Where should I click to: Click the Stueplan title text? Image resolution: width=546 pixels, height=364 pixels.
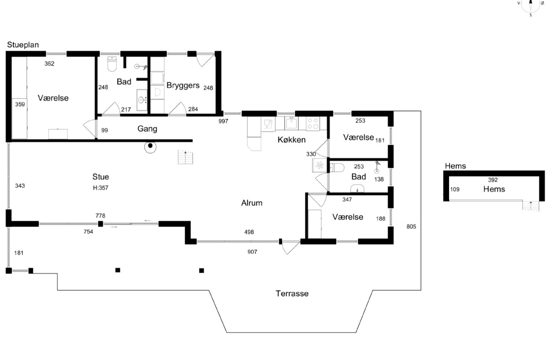23,45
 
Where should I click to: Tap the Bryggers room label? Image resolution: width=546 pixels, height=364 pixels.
183,86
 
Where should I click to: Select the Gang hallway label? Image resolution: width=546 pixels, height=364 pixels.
147,129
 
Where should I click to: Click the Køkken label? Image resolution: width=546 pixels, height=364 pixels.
292,140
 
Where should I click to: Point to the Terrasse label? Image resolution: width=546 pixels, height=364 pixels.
292,293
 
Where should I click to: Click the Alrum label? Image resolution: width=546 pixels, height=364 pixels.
252,203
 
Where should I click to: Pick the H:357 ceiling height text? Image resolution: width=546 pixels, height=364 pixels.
101,188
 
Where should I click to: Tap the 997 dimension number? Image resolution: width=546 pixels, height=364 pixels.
223,121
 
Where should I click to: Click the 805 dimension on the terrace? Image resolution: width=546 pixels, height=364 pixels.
411,227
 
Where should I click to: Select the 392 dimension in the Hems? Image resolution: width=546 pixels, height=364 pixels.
493,180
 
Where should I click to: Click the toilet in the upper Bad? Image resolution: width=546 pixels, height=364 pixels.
112,64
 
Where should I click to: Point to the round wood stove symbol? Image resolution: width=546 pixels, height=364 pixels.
150,147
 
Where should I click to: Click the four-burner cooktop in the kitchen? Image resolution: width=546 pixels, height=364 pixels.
313,124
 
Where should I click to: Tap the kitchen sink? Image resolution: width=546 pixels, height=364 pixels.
291,123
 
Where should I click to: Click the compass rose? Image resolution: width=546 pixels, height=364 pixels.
531,5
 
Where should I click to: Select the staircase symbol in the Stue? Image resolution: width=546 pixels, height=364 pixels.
186,157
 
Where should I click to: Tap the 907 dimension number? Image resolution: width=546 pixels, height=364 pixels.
252,252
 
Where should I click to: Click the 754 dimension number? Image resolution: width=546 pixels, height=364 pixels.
88,232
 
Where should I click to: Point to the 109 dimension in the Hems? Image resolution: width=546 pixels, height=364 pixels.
455,189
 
